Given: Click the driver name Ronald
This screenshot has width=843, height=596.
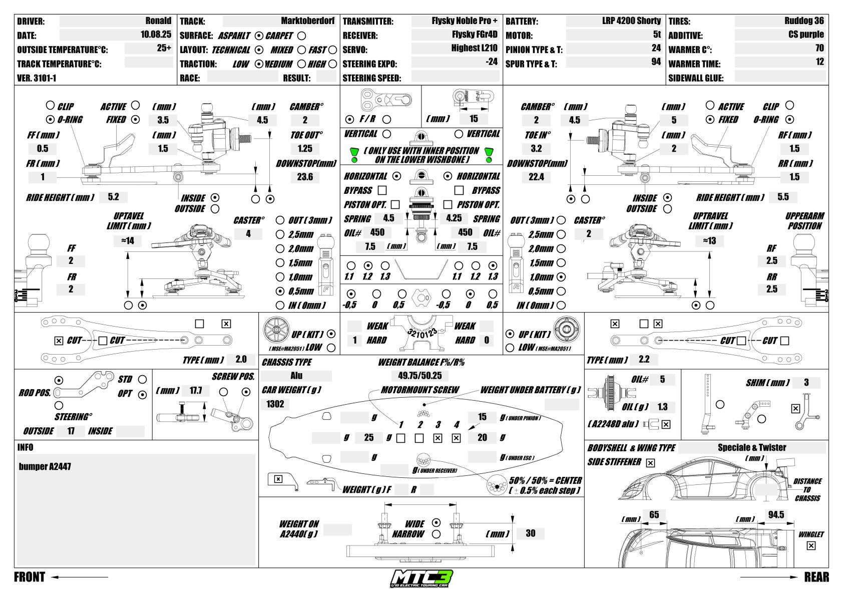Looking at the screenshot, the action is pos(158,21).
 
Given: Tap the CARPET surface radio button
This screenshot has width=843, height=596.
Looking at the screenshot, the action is pos(301,36).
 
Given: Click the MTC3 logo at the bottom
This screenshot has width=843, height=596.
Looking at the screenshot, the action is pos(421,579).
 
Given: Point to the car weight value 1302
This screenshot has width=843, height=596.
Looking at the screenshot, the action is pos(275,404).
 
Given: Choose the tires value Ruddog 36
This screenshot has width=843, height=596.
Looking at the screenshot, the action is pos(804,21).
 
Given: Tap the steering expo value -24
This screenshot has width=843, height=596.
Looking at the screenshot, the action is pos(492,62).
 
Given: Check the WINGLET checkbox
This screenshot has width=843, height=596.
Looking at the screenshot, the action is pos(811,546).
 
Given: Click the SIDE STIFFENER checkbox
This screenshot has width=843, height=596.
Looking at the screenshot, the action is pos(650,463).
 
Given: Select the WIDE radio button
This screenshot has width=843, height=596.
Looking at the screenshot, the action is pos(436,522).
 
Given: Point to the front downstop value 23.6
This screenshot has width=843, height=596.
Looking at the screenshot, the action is pos(305,177).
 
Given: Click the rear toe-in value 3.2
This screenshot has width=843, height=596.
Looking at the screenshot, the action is pos(536,148).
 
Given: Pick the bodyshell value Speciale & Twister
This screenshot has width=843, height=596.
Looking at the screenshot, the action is pos(752,448).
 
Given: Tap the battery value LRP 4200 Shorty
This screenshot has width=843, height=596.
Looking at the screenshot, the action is pos(631,21).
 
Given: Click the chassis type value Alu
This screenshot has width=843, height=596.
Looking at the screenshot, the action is pos(296,376).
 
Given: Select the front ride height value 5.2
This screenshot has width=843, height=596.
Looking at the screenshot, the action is pos(114,197).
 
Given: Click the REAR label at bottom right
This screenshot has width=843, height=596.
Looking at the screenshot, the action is pos(816,577).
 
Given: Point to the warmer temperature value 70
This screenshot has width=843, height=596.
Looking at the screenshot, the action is pos(819,49).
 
